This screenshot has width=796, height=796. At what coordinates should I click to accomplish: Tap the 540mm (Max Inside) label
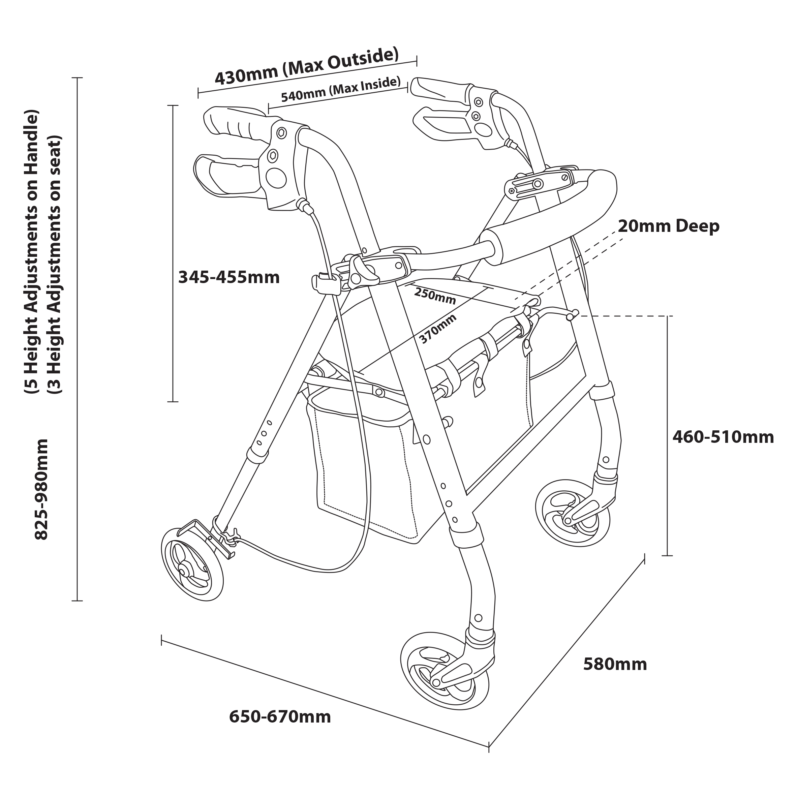[340, 89]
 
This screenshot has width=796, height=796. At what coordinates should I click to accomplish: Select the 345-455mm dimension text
[229, 277]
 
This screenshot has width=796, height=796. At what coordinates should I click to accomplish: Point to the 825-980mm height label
[41, 489]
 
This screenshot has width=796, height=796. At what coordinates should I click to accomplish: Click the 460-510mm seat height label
[723, 437]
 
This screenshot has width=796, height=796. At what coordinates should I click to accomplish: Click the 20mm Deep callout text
[668, 226]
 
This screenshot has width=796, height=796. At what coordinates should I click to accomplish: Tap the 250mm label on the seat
[435, 296]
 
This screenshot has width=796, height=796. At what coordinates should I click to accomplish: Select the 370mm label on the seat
[437, 329]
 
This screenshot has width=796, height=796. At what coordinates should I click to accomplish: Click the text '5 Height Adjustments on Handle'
[31, 251]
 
